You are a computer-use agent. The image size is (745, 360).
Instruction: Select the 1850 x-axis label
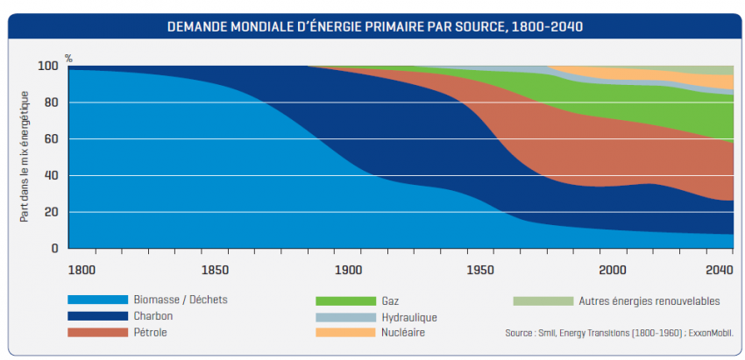tap(215, 268)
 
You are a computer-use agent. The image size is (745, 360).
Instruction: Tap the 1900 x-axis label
tap(347, 268)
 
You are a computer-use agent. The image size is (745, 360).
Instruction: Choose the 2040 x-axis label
tap(719, 268)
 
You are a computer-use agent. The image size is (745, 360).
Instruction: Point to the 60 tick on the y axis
tap(51, 139)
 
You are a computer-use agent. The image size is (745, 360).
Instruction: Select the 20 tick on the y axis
tap(51, 212)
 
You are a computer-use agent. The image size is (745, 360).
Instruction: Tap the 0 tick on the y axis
tap(54, 249)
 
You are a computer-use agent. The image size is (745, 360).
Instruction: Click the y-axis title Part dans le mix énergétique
tap(25, 157)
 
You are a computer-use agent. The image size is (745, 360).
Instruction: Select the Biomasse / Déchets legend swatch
tap(96, 300)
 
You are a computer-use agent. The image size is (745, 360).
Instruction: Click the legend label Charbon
tap(153, 317)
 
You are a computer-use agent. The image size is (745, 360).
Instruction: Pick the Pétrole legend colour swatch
tap(96, 333)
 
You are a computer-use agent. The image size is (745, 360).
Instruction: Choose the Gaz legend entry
tap(390, 300)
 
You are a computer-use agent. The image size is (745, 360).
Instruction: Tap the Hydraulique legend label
tap(408, 317)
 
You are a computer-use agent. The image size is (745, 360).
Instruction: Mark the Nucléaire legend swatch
tap(342, 333)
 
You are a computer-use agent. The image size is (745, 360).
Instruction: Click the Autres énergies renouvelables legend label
tap(649, 300)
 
